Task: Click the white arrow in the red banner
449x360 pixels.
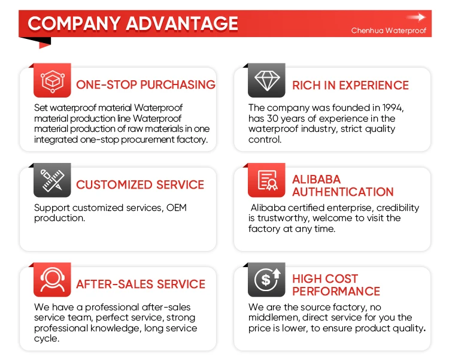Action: [416, 17]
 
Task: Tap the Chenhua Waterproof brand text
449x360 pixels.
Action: [389, 31]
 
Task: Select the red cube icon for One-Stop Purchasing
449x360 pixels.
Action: [52, 81]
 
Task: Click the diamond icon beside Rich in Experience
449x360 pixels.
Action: [266, 80]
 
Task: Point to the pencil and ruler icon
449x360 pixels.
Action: [52, 180]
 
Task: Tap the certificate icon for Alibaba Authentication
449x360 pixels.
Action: [266, 180]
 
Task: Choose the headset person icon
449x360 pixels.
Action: [52, 280]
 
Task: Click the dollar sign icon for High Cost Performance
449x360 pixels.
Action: [266, 280]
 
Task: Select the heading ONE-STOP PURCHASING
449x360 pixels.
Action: [145, 84]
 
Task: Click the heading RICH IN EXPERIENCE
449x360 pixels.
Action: [350, 85]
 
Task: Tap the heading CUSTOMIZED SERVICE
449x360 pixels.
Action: [140, 184]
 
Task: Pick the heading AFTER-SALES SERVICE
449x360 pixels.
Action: [141, 284]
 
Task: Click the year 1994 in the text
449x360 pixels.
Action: [393, 108]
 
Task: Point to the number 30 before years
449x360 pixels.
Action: [272, 119]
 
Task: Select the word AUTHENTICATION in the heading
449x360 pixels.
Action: [343, 192]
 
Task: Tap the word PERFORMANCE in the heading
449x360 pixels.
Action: [336, 291]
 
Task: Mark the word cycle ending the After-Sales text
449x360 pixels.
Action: [47, 338]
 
